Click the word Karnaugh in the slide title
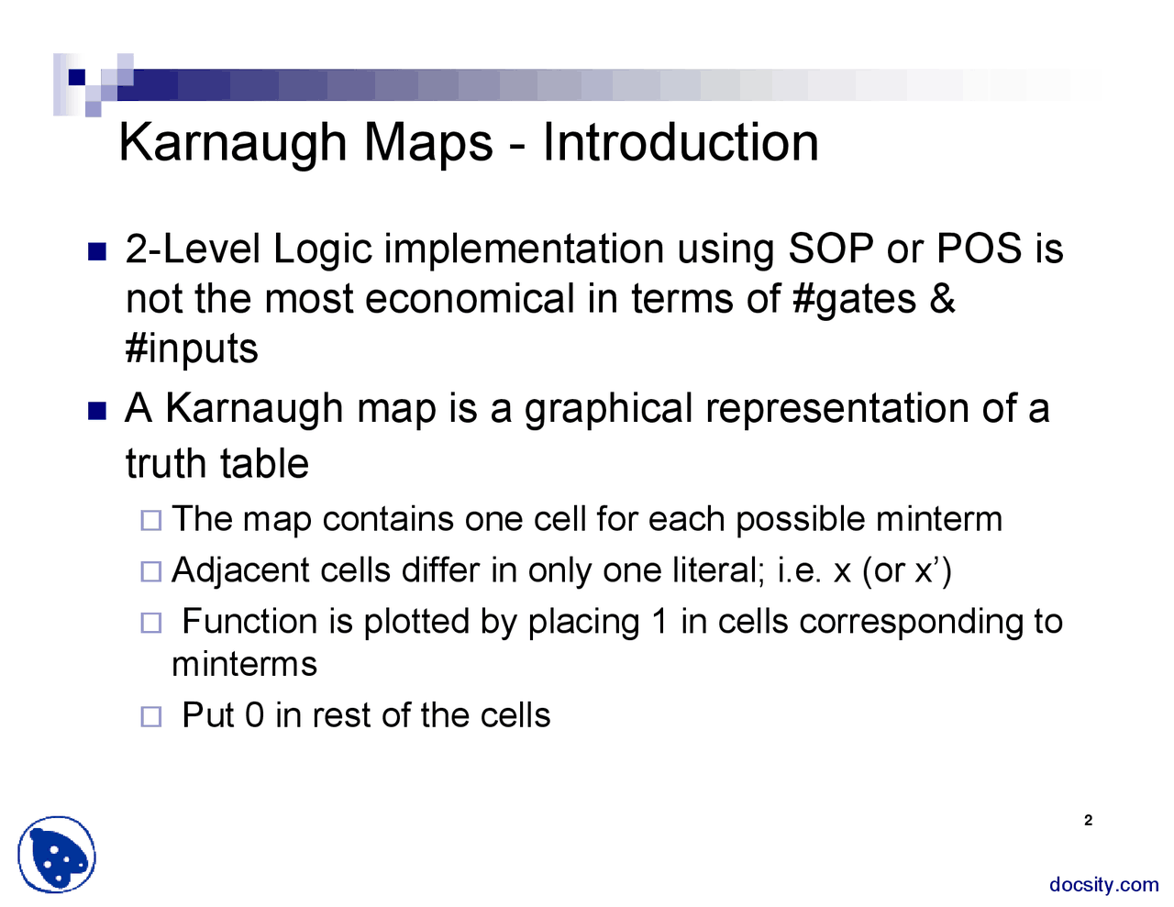click(233, 143)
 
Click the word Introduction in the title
click(680, 143)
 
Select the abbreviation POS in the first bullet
click(979, 249)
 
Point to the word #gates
click(854, 300)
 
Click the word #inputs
click(192, 349)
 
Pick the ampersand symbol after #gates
click(942, 299)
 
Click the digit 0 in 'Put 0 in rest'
click(254, 715)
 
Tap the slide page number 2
click(1088, 821)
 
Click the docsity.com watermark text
click(1103, 885)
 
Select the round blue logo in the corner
click(57, 855)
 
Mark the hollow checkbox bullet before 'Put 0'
click(151, 716)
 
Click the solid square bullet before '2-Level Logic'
click(97, 251)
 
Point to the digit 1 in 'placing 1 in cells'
click(659, 622)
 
